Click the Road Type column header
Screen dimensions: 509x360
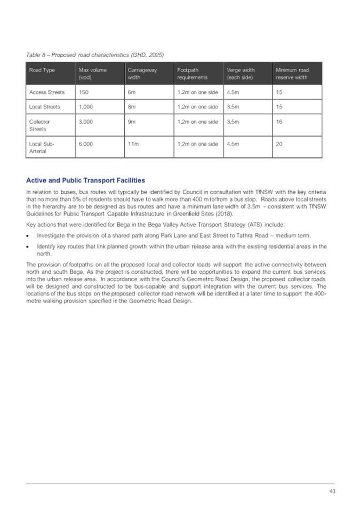click(42, 70)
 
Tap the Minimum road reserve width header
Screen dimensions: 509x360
click(292, 74)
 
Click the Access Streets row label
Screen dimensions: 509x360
click(47, 92)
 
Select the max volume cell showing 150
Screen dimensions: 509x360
click(83, 92)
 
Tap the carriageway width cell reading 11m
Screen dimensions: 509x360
click(133, 144)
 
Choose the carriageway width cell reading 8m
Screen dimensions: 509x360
click(131, 107)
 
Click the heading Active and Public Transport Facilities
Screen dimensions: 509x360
click(85, 180)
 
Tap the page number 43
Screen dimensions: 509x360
click(331, 491)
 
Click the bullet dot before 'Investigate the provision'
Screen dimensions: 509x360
click(28, 235)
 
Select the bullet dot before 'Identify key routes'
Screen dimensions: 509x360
click(28, 246)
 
